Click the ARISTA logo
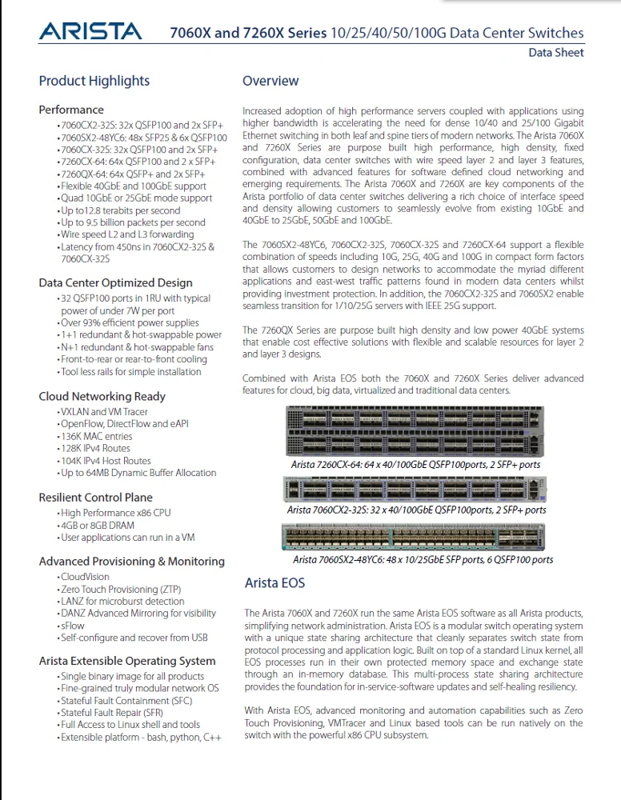[90, 32]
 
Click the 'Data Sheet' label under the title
[555, 53]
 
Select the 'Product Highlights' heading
[94, 81]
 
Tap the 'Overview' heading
[270, 81]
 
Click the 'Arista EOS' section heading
[274, 583]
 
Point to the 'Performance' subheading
[71, 110]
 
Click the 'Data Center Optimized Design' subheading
[115, 282]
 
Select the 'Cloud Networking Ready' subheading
[102, 396]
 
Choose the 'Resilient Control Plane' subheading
[95, 497]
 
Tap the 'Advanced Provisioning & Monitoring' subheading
[131, 562]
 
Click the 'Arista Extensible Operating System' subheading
[127, 661]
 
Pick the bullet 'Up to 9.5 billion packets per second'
[133, 222]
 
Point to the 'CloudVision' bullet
[85, 577]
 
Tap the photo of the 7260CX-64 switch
[415, 432]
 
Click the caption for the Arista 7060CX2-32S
[416, 510]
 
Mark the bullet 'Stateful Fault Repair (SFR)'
[112, 713]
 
